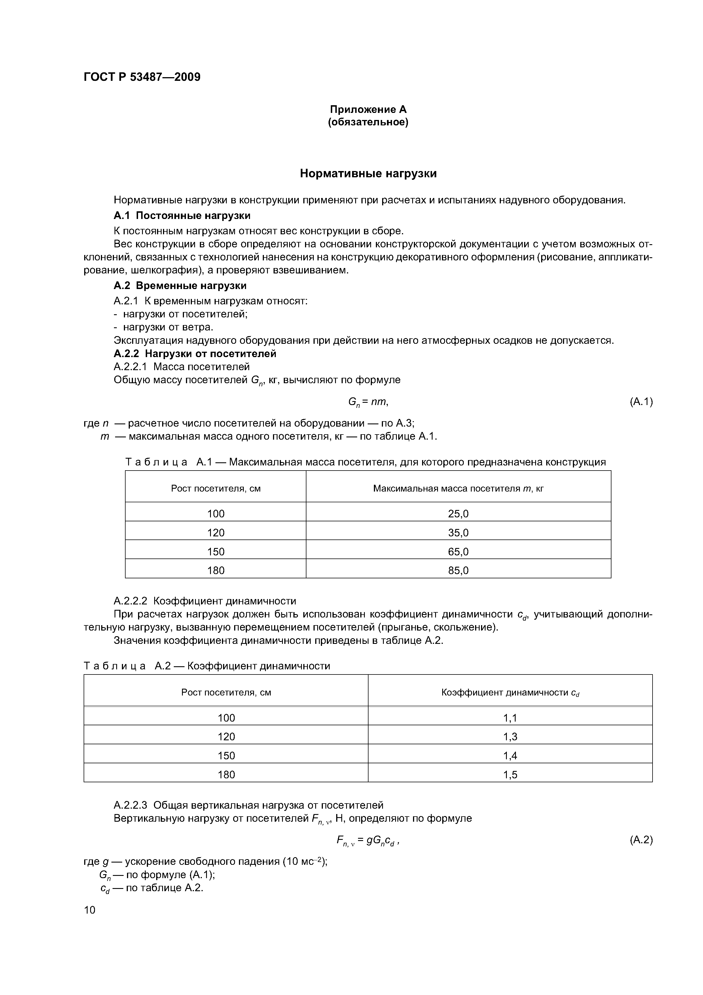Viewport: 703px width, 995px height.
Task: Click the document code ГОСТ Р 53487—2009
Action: [142, 77]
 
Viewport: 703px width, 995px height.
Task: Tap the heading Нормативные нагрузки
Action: [368, 174]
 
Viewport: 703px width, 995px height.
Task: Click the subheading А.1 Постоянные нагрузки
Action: [182, 215]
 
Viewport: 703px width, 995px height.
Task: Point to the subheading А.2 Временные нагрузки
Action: [180, 286]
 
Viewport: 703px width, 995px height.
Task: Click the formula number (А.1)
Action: [641, 402]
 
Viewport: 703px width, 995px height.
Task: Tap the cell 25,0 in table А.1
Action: [458, 514]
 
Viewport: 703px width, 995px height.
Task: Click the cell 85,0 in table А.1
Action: [458, 571]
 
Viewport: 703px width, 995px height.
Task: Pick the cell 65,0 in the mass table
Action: [458, 552]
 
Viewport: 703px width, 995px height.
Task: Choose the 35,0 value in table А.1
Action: [458, 533]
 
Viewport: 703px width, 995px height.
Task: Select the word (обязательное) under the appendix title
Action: [368, 123]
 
